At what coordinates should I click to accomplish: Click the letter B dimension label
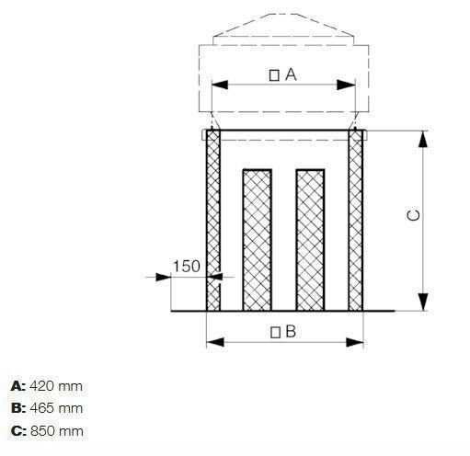tap(290, 332)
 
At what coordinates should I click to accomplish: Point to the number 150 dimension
tap(187, 267)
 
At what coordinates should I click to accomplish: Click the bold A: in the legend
tap(18, 386)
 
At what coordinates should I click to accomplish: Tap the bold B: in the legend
tap(18, 407)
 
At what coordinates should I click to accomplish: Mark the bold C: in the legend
tap(18, 429)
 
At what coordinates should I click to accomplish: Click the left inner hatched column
tap(257, 240)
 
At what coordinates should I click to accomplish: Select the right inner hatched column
tap(310, 240)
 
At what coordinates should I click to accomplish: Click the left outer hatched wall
tap(213, 221)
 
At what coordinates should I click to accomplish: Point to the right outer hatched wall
tap(355, 221)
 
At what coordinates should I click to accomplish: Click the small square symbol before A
tap(275, 75)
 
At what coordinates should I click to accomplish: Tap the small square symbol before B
tap(274, 332)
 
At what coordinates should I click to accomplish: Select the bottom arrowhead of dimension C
tap(423, 303)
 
